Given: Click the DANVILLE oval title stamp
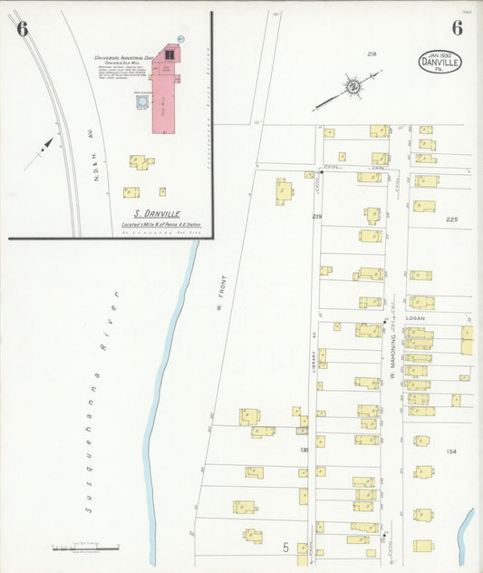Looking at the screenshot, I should [440, 62].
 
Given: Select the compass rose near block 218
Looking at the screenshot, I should [352, 87].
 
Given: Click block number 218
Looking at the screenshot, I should [372, 54].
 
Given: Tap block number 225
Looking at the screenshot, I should [452, 219].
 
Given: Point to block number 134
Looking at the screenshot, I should [451, 451].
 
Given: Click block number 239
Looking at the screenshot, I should [317, 216].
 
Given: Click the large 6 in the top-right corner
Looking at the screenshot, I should [457, 27].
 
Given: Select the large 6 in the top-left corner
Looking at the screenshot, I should [23, 29].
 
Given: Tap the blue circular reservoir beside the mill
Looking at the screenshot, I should [141, 102].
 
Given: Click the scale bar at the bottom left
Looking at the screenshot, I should [86, 547].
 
